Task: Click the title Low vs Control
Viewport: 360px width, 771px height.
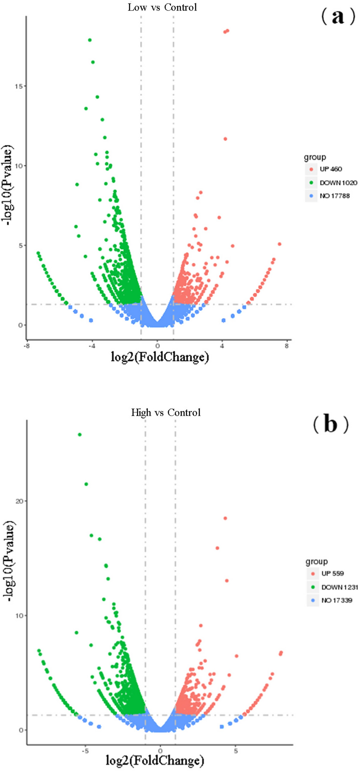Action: (x=162, y=8)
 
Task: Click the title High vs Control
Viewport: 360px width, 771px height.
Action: (x=166, y=412)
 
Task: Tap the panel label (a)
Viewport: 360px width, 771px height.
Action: (x=338, y=17)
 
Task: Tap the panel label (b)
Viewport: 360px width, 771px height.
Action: (x=330, y=425)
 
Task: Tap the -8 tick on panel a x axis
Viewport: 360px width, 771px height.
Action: (x=26, y=346)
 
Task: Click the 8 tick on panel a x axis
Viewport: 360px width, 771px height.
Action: (x=287, y=346)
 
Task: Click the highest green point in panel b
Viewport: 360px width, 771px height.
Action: (x=80, y=434)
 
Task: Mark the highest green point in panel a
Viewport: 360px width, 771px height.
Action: (x=90, y=40)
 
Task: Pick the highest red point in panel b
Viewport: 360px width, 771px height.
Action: (x=225, y=518)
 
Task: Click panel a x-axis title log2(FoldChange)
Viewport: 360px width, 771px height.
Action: (x=160, y=357)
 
